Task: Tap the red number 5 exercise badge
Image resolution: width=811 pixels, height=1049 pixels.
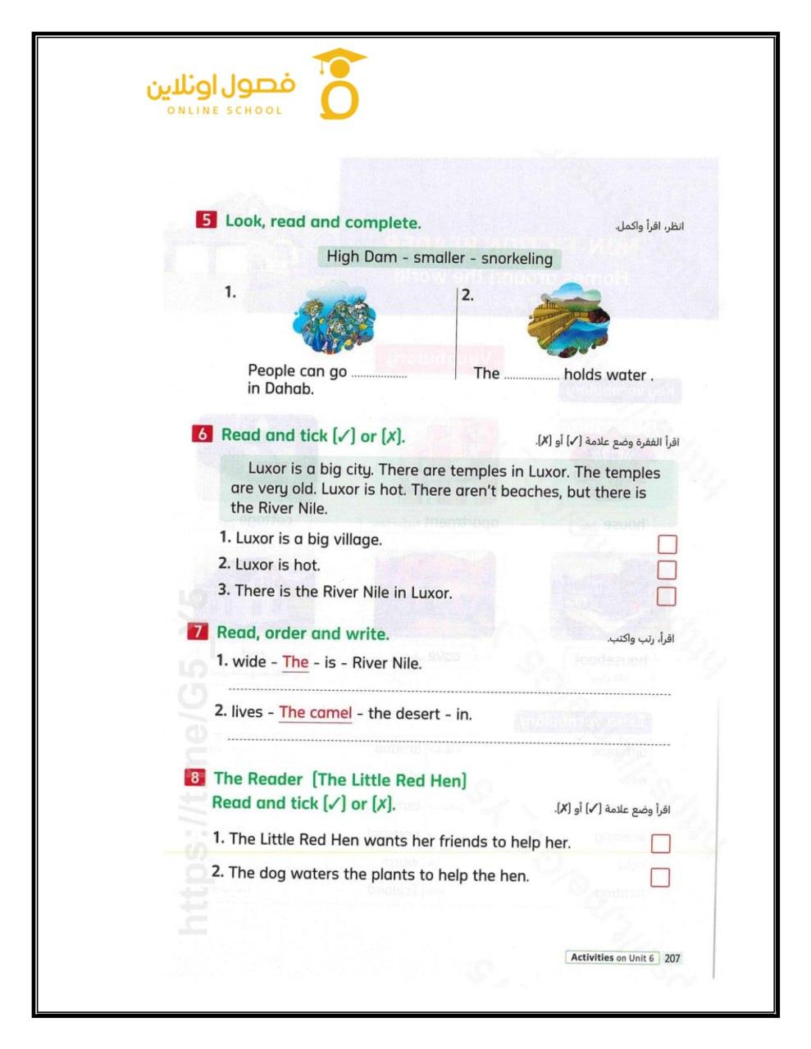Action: point(206,220)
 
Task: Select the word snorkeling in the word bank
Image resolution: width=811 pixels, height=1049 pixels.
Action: point(517,258)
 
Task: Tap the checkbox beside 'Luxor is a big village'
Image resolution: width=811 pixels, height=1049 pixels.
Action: point(667,544)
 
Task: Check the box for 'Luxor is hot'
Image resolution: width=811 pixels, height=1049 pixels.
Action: point(667,569)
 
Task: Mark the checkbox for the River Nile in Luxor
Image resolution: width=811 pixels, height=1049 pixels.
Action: point(667,596)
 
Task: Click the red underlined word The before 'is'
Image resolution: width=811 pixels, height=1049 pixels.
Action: point(295,662)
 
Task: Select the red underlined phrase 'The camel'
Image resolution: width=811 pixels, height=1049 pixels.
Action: point(315,712)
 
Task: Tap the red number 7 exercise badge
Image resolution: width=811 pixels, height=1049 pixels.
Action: point(198,632)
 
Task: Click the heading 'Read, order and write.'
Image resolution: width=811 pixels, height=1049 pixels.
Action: point(303,633)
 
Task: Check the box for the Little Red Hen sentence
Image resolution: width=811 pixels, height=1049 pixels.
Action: point(660,843)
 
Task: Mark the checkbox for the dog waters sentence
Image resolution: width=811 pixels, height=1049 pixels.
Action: point(660,877)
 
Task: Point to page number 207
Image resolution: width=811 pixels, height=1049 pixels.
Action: point(672,957)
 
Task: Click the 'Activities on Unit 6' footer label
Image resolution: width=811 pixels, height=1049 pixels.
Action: point(612,957)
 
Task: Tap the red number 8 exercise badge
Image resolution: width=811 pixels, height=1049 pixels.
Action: point(194,777)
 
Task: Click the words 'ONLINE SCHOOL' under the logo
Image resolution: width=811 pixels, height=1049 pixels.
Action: point(224,111)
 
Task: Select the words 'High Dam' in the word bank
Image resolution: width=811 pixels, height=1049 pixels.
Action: point(362,257)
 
